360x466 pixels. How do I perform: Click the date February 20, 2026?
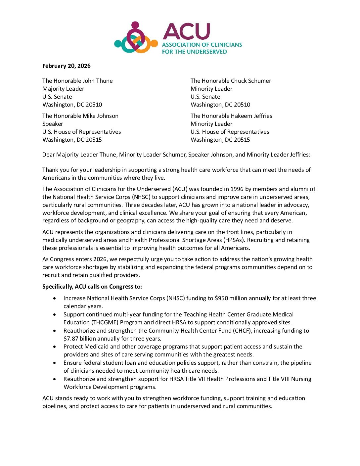point(66,66)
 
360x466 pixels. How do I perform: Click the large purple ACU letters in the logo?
point(186,32)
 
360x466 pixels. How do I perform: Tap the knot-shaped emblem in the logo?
point(136,39)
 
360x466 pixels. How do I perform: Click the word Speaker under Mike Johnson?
point(53,124)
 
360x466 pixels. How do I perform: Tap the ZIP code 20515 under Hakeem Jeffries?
point(242,140)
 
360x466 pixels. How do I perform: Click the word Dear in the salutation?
point(48,155)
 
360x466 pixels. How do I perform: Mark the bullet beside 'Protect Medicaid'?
point(55,347)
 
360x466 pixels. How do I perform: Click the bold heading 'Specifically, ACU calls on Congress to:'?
point(92,287)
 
